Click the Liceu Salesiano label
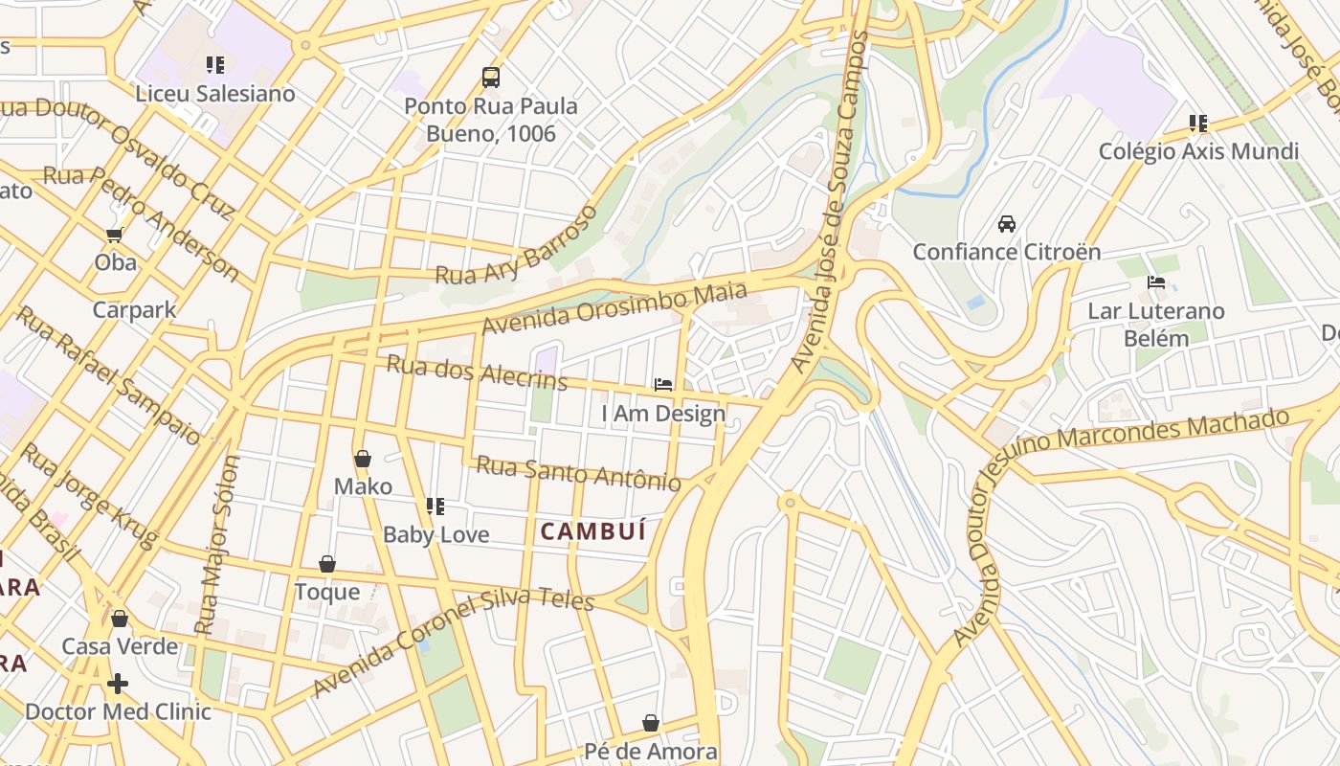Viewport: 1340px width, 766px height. pos(214,94)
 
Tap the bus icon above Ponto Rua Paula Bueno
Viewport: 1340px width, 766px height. pos(491,78)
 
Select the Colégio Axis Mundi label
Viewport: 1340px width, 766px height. pos(1198,151)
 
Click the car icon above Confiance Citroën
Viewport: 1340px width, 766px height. pos(1007,224)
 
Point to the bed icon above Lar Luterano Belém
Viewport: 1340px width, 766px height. pos(1156,282)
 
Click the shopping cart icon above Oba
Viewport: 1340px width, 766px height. pos(115,235)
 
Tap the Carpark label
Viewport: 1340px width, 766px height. pos(134,309)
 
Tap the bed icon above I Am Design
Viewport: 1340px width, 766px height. pos(662,385)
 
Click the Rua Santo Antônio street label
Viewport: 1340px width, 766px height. pos(579,473)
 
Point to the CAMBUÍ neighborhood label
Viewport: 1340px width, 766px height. pos(593,531)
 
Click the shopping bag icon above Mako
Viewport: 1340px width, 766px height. pos(363,460)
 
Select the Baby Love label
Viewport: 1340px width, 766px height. pos(435,534)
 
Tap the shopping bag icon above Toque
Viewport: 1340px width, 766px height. pos(327,564)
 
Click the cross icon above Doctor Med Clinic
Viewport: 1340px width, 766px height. pos(118,684)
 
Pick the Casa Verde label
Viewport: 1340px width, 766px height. pos(120,646)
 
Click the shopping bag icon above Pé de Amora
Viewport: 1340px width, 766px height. pos(651,722)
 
